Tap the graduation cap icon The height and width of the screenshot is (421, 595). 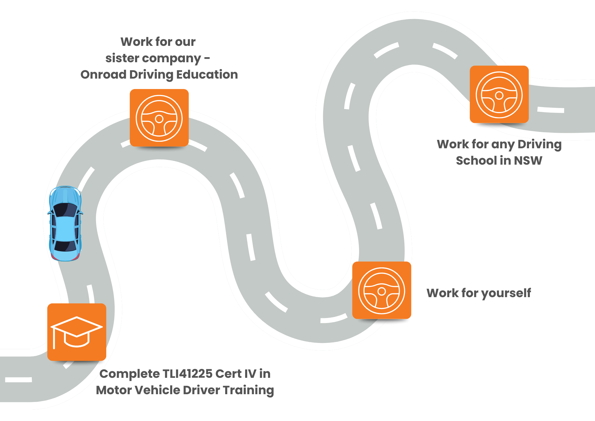(77, 332)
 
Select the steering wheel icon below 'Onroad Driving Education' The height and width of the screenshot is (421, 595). (159, 118)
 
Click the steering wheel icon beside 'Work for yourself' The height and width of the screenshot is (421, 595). (382, 291)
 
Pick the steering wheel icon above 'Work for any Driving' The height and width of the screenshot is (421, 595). (499, 95)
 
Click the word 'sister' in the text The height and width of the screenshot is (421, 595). (122, 58)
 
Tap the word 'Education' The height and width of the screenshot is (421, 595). (207, 74)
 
